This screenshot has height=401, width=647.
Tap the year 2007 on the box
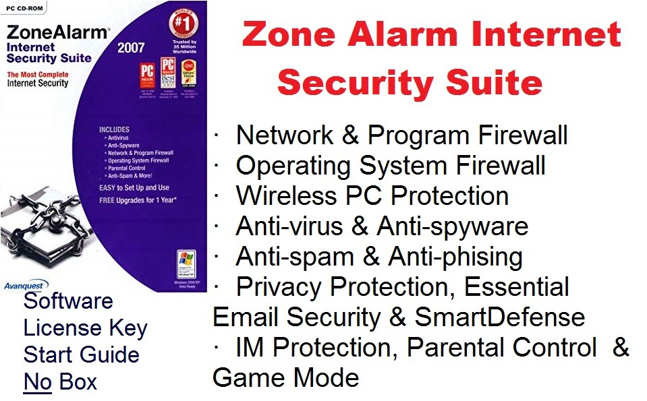point(131,48)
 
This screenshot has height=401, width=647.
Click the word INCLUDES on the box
point(114,129)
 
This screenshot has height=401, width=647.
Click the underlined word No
point(38,382)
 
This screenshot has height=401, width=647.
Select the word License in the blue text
point(52,328)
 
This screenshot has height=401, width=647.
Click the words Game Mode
point(285,377)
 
